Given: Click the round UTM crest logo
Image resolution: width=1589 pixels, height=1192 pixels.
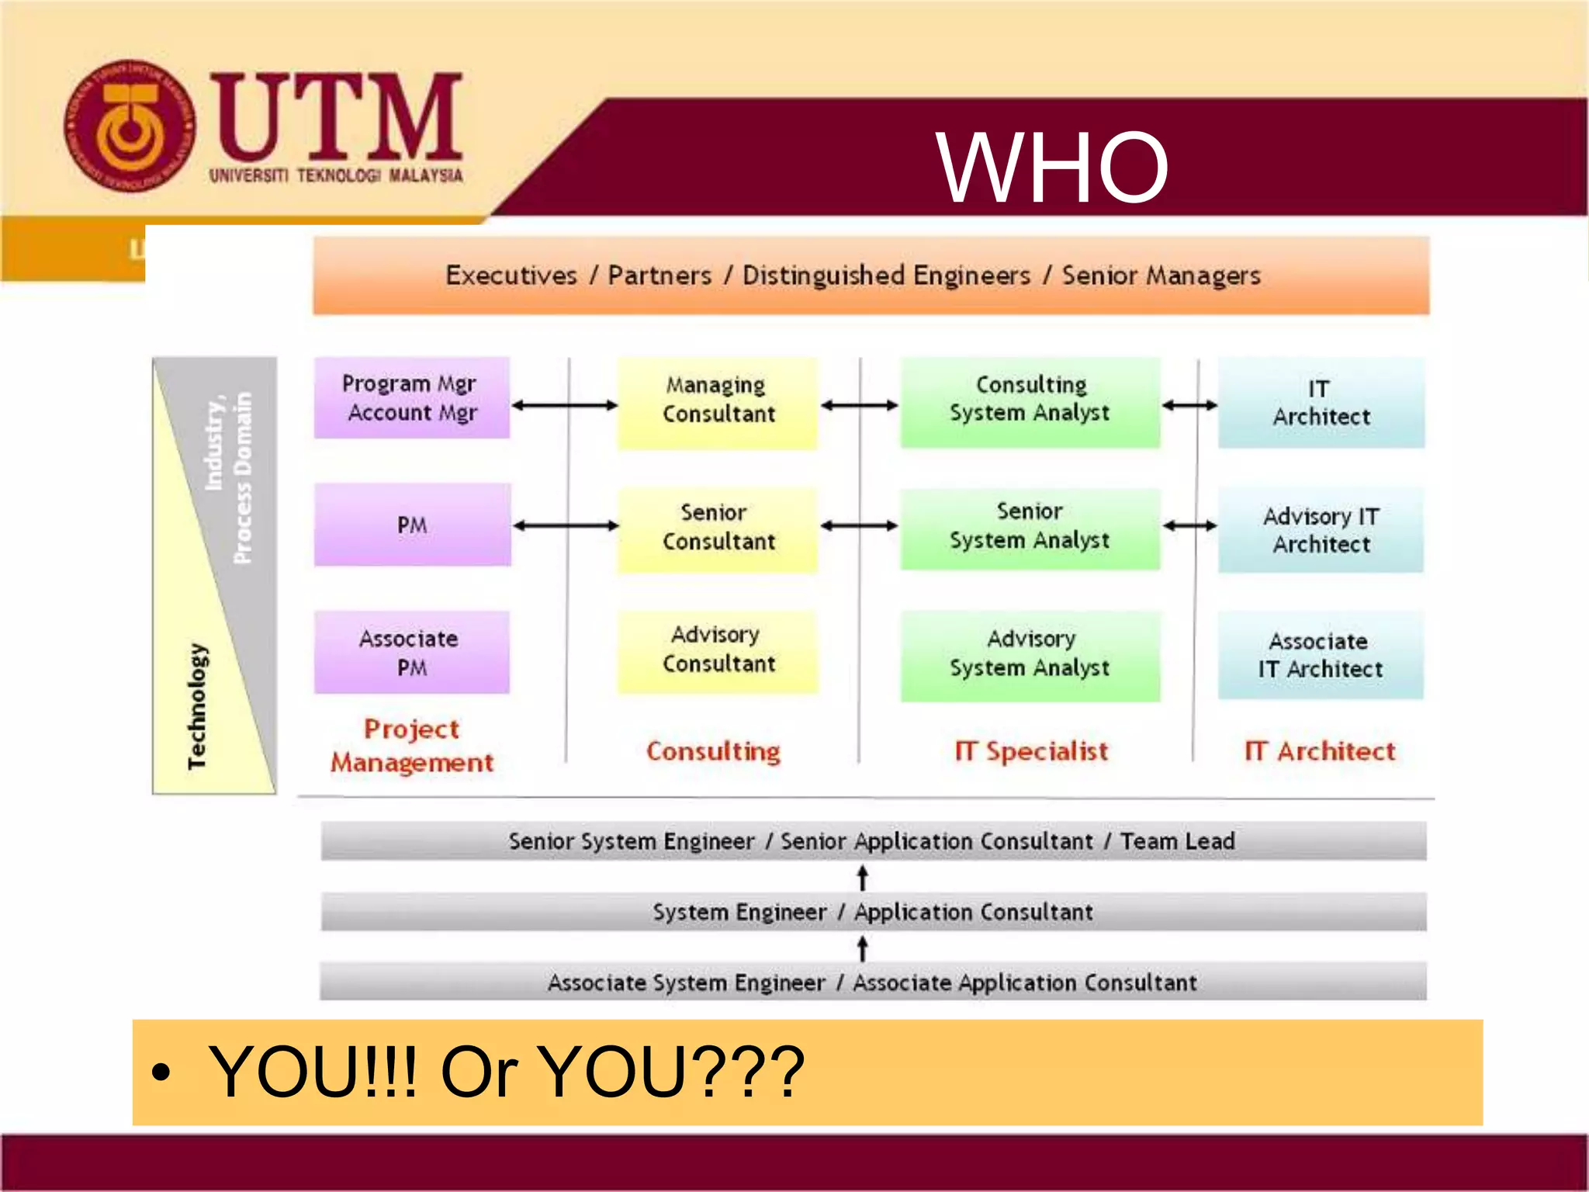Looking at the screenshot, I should coord(129,126).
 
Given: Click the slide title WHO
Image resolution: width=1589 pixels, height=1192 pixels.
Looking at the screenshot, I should coord(1051,167).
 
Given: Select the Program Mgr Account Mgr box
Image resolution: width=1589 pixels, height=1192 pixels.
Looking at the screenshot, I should coord(411,398).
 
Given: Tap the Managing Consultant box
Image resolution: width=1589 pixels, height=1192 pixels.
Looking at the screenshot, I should coord(718,401).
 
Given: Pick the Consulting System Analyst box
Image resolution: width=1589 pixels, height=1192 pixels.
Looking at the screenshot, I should coord(1030,400).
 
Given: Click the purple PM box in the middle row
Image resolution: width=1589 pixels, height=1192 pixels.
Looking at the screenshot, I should coord(412,525).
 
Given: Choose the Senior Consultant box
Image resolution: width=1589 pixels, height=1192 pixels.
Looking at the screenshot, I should coord(718,528).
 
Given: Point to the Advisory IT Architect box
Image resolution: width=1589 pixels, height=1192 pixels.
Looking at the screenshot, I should coord(1321,530).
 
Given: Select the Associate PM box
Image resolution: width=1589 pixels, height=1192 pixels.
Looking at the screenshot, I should coord(411,653).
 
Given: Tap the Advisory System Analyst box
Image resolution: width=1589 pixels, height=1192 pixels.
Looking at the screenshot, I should coord(1030,654).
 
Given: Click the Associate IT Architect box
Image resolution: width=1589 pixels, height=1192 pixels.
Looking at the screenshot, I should coord(1321,656).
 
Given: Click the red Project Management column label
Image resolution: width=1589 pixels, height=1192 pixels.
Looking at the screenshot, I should coord(412,746).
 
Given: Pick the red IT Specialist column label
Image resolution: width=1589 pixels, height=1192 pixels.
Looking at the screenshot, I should coord(1031,751).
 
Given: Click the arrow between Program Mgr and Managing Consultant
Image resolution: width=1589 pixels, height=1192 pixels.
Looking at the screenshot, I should coord(564,405).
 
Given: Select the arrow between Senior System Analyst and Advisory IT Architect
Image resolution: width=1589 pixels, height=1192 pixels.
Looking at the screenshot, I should coord(1189,526).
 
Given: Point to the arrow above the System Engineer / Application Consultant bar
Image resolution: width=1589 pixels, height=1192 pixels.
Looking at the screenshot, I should coord(862,878).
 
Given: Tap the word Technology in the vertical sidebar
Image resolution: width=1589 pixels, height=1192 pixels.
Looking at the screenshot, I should coord(197,706).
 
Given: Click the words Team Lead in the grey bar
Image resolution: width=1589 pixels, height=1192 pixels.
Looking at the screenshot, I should coord(1177,841).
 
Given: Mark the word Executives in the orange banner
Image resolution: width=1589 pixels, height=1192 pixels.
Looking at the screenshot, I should coord(511,275).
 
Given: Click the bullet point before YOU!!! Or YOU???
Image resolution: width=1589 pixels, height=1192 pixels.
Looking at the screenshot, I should coord(161,1073).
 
